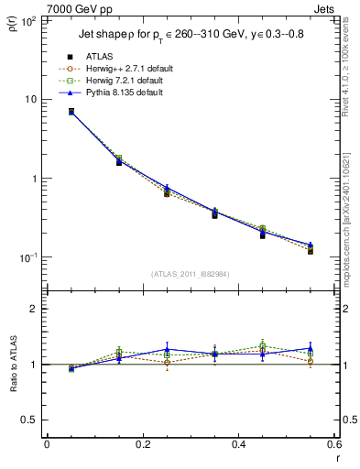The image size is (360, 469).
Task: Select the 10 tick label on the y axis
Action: pos(29,99)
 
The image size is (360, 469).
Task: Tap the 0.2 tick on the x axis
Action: pos(142,446)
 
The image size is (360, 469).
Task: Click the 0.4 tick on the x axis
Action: pos(238,446)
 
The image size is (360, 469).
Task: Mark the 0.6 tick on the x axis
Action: pos(334,446)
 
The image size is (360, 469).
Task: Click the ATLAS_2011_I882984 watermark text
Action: pos(191,273)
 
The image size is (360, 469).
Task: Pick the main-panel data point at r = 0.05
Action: pos(71,112)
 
